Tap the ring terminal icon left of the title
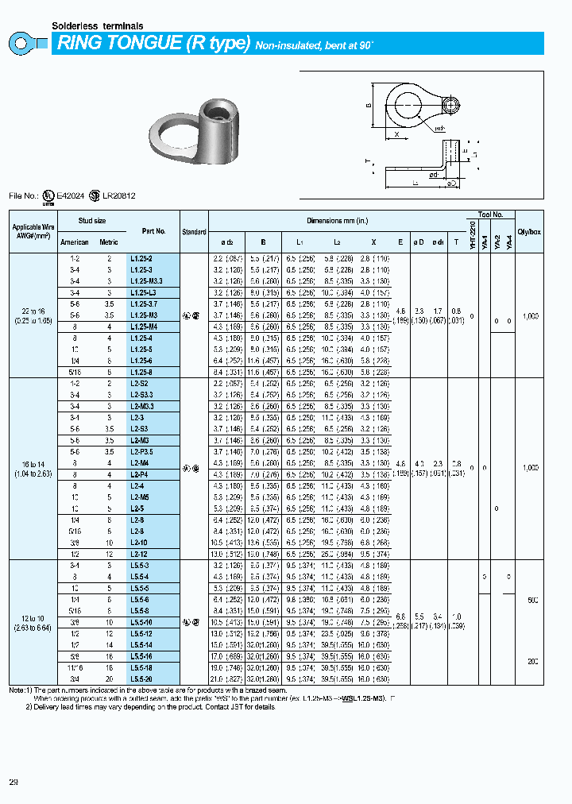(x=29, y=44)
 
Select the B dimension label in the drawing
(x=369, y=106)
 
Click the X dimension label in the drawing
(x=396, y=135)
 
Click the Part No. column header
(x=153, y=231)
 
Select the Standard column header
(x=194, y=231)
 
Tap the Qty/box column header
(x=529, y=231)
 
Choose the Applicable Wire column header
(x=32, y=231)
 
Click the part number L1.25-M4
(x=144, y=327)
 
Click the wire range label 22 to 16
(x=32, y=311)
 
